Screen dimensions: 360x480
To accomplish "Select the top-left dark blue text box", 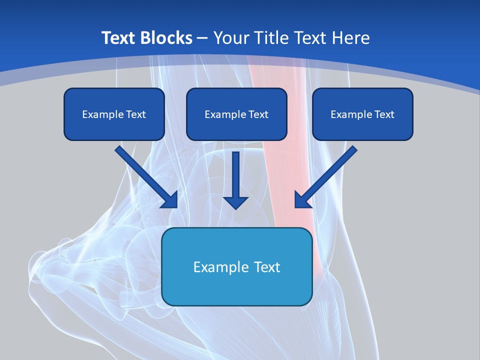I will point(114,114).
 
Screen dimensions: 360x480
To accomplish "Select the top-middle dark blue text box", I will point(236,114).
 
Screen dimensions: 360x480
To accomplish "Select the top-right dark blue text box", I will point(362,114).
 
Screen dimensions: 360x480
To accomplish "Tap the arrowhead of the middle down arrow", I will point(235,201).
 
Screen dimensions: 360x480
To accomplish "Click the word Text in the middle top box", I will point(257,114).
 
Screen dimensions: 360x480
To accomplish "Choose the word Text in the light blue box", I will point(266,267).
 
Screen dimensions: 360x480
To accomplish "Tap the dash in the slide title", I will point(202,38).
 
